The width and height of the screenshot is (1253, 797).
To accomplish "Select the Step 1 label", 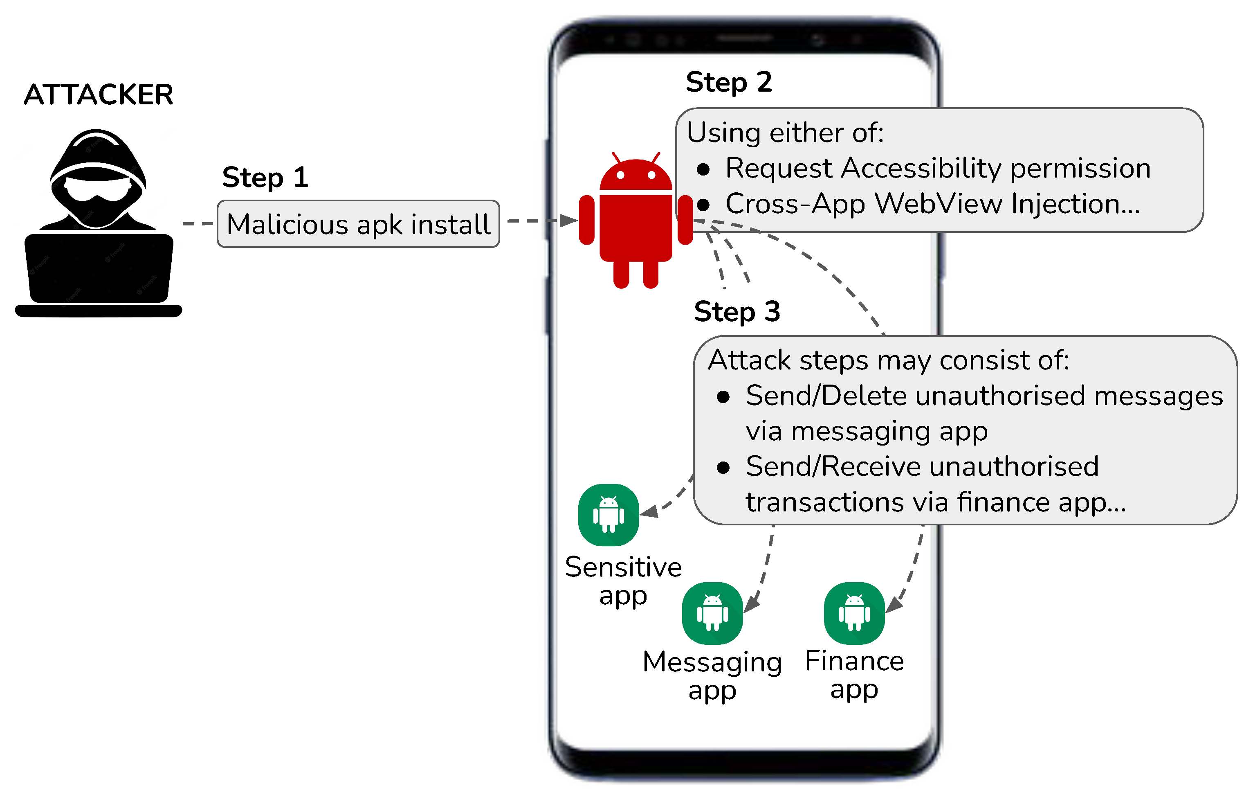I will [265, 178].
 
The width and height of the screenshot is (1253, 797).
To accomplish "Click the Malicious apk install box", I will [358, 224].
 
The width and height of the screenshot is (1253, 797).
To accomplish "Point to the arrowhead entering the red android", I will [568, 221].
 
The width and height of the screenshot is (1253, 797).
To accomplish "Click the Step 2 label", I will [728, 82].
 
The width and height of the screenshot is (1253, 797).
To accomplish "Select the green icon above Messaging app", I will [712, 613].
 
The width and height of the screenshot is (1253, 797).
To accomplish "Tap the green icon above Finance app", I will [854, 613].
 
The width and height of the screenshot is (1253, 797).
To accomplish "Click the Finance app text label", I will [854, 675].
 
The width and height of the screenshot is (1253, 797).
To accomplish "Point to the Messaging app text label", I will [712, 676].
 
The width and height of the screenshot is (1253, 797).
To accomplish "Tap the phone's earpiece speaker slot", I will [745, 38].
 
